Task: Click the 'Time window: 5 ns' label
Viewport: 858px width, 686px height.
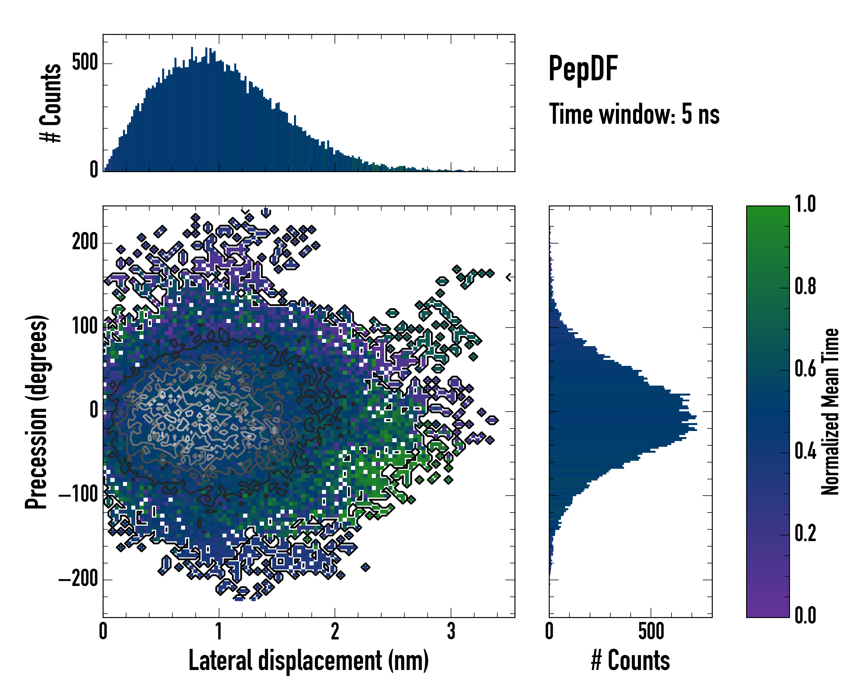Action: [634, 114]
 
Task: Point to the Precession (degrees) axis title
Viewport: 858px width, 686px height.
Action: [37, 412]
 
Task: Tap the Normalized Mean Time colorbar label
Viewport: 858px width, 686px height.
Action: [830, 412]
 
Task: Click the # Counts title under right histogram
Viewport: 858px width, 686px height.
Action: [630, 661]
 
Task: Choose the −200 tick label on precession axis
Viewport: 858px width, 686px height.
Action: [78, 579]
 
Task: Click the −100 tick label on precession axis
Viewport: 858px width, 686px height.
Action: [78, 495]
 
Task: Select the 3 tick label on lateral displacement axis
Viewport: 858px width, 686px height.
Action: [451, 631]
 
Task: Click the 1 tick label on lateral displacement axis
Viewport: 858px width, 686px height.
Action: [219, 631]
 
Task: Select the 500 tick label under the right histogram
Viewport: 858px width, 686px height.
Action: [651, 631]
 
